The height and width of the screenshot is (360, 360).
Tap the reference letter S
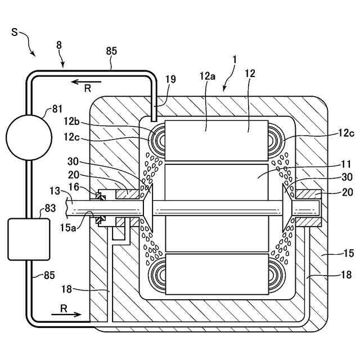tap(15, 32)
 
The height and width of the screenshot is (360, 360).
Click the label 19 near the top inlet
tap(169, 79)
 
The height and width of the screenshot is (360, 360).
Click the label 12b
tap(71, 120)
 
